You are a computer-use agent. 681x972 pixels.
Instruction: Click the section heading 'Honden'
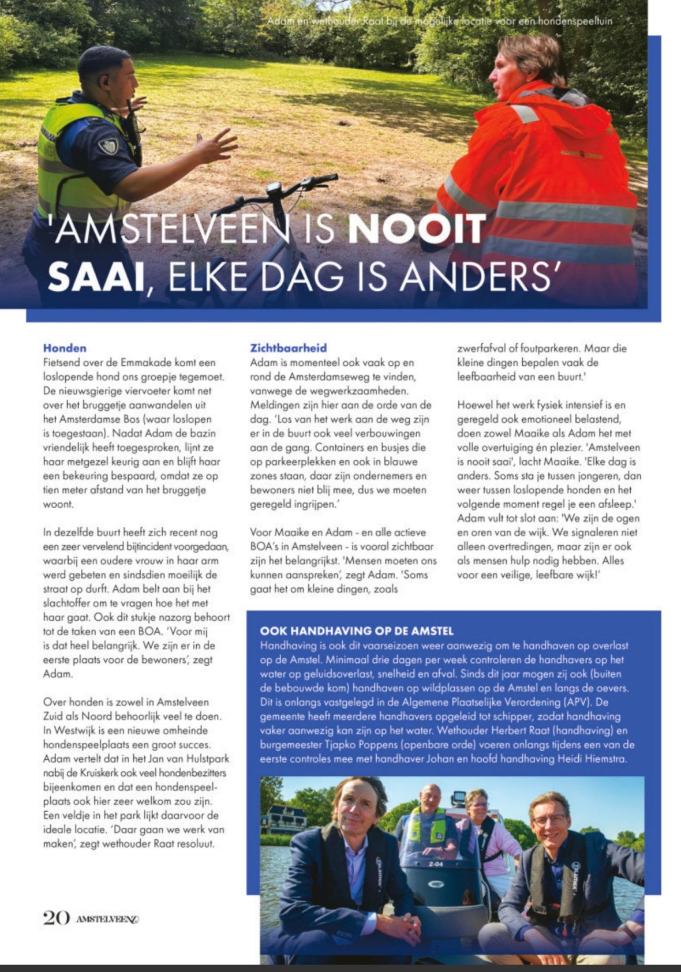(65, 348)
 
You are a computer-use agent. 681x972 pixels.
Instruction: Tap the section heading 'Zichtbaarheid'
(288, 348)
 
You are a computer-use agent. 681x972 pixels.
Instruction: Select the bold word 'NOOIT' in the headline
(417, 229)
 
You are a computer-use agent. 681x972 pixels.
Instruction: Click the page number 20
(56, 917)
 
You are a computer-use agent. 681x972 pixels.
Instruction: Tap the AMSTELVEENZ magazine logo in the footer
(107, 919)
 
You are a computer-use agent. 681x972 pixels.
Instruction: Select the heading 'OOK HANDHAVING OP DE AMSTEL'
(357, 631)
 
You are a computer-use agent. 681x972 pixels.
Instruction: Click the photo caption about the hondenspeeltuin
(440, 21)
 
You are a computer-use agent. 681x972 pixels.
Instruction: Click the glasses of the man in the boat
(549, 820)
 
